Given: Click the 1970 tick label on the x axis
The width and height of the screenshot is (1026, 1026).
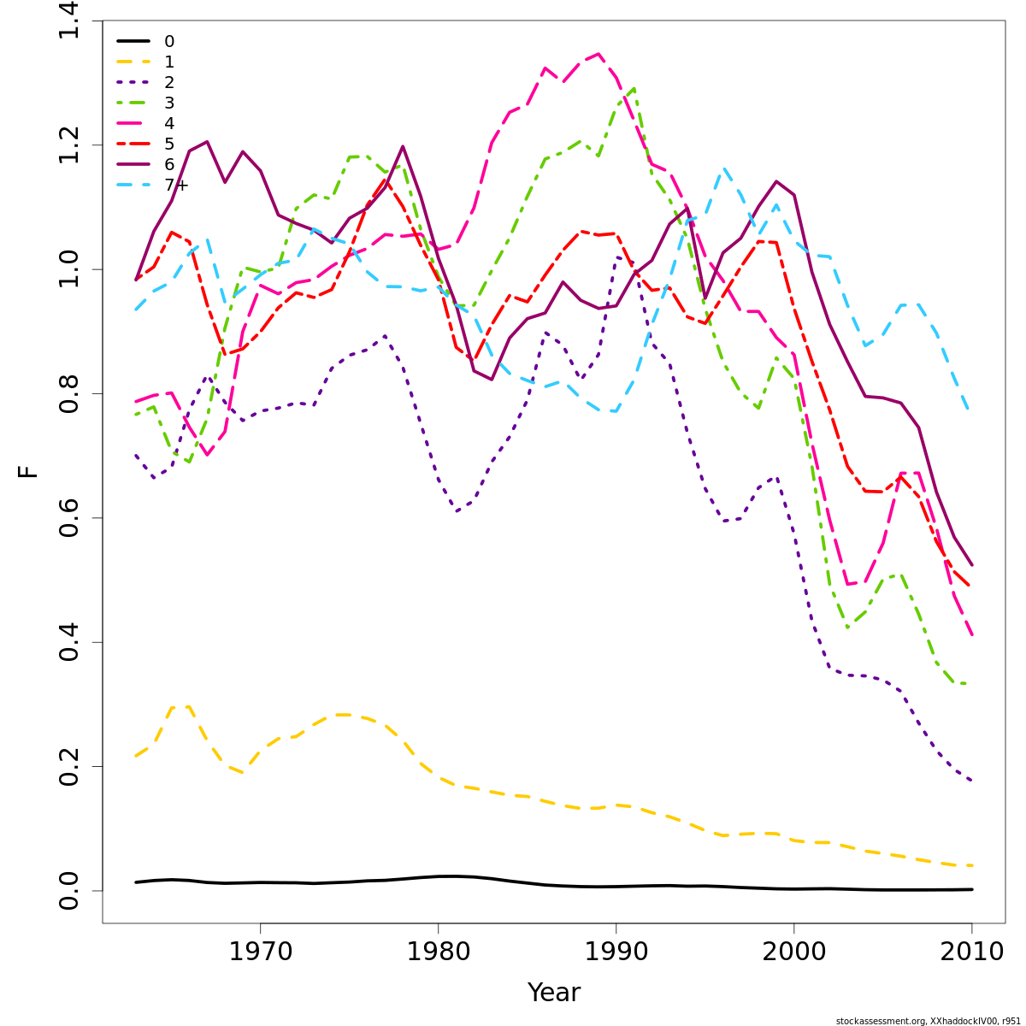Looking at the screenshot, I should point(260,952).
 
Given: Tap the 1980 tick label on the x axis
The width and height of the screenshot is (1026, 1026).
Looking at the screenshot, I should point(438,952).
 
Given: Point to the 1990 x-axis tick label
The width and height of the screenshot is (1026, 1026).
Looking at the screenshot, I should point(616,952).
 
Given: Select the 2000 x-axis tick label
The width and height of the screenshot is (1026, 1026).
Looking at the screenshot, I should point(794,952).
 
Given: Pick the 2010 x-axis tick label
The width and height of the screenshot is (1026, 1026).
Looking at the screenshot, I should point(972,952).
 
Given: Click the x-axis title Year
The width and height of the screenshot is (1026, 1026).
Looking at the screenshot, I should point(553,993).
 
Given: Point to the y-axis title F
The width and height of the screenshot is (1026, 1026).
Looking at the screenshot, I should point(28,471).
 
